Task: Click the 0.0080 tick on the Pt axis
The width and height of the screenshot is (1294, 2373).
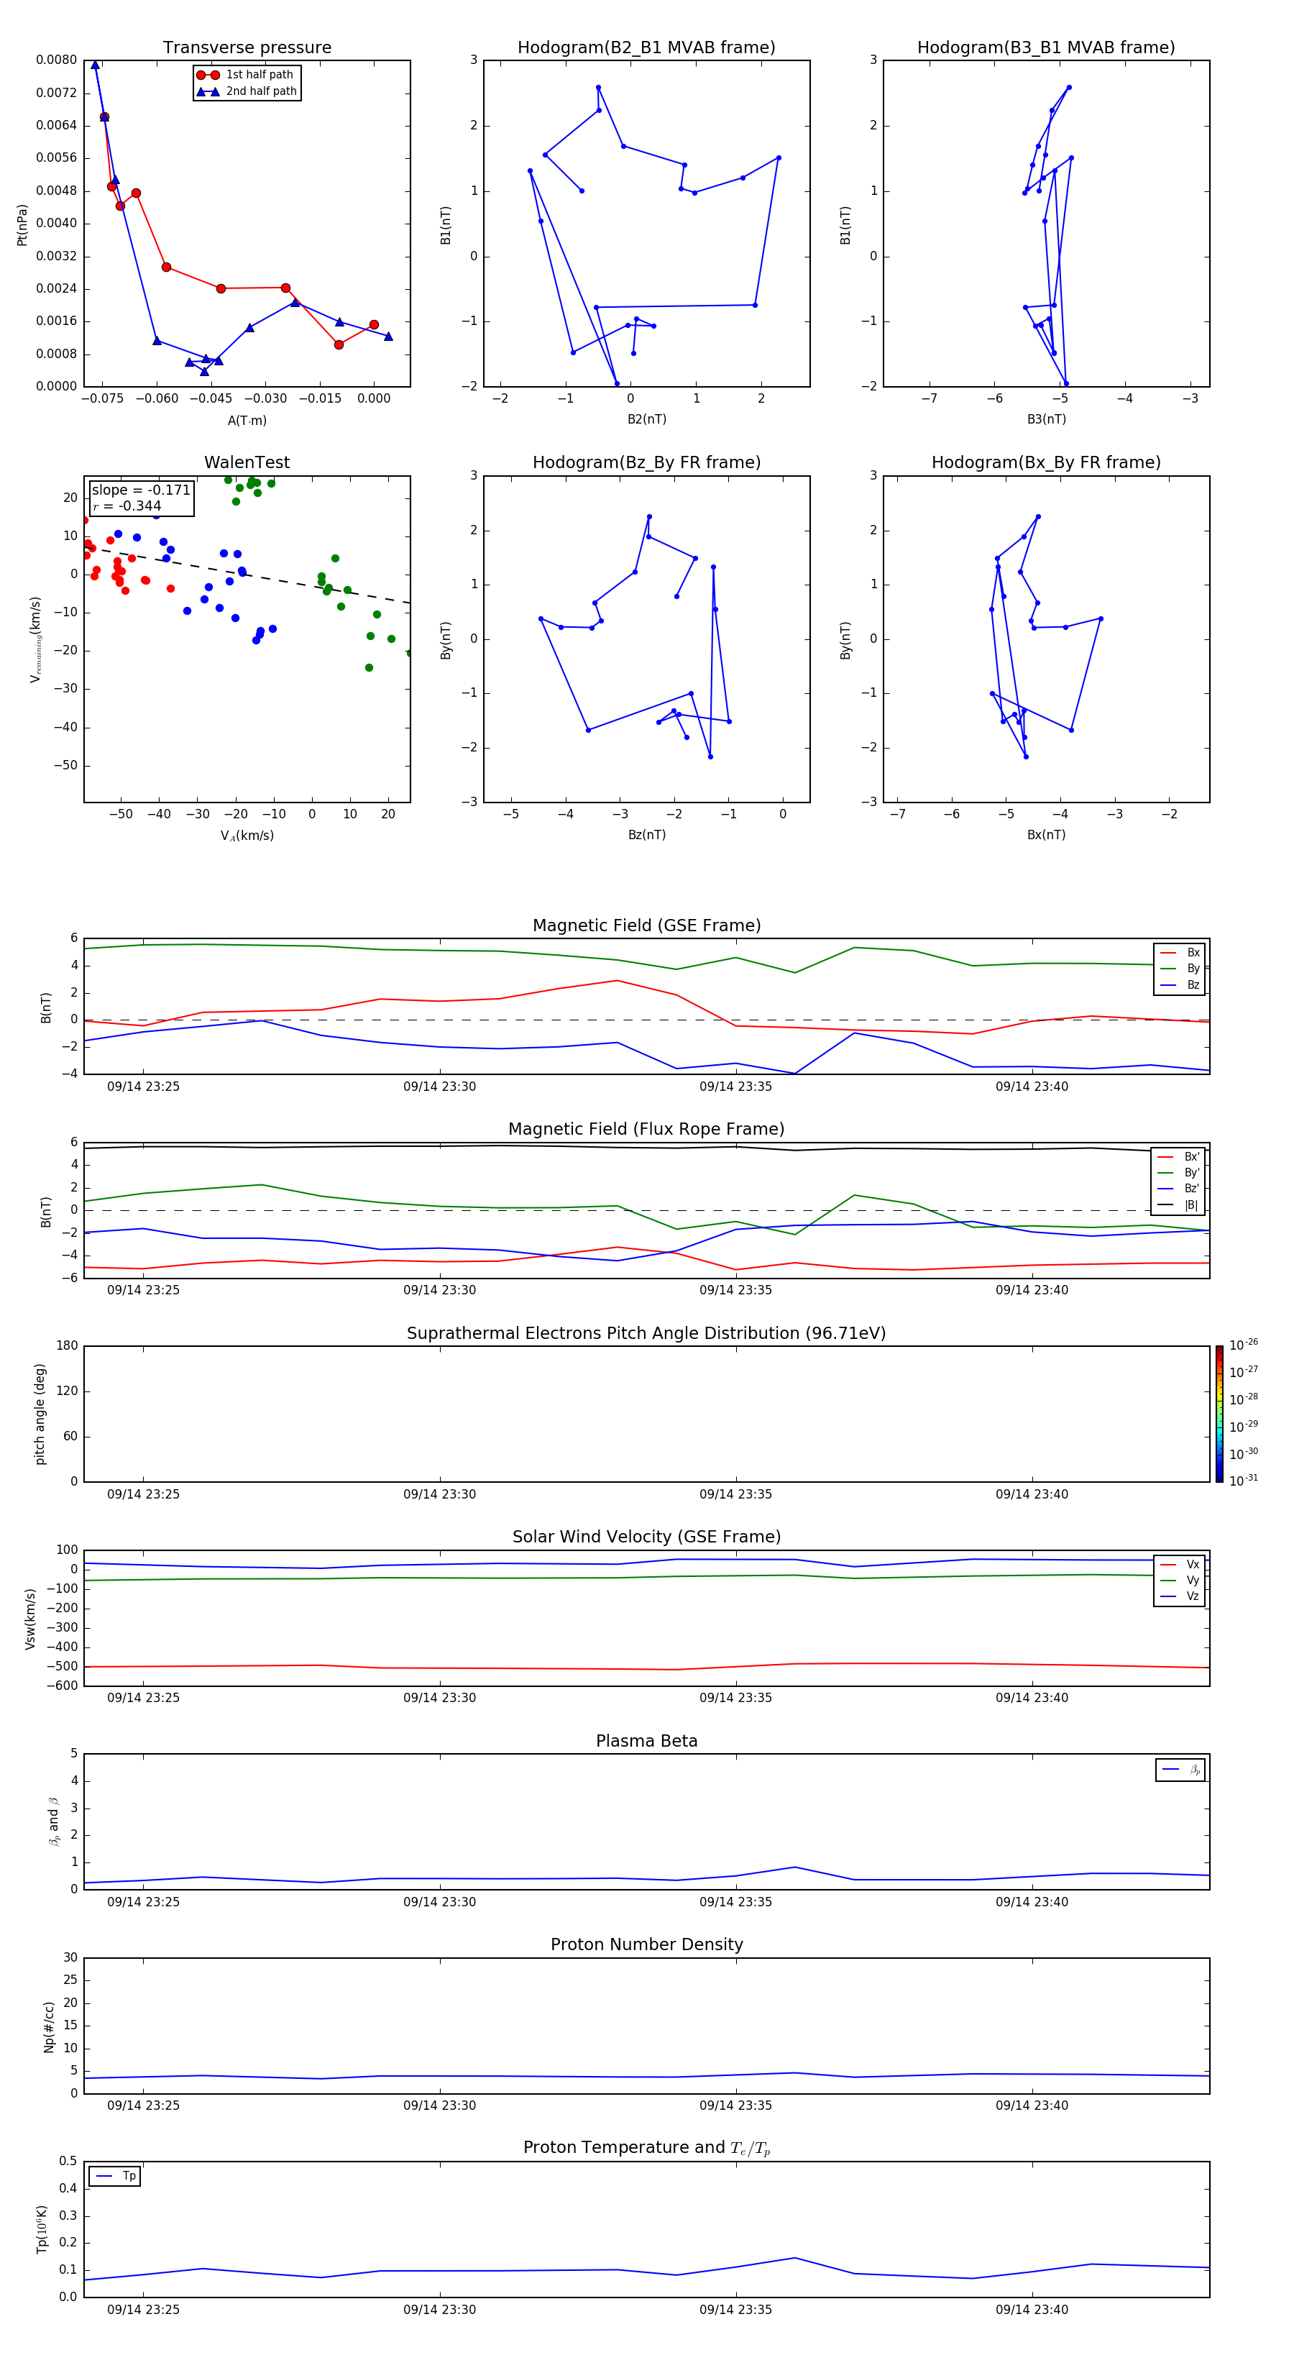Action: tap(56, 60)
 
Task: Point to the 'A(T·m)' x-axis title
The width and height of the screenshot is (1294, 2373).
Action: tap(247, 421)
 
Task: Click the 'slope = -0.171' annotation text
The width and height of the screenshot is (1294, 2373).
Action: tap(140, 490)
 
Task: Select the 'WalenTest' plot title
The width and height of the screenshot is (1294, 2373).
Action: tap(247, 462)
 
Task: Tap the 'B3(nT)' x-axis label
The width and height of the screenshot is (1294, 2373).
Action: tap(1046, 419)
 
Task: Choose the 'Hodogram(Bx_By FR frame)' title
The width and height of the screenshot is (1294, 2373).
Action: tap(1045, 462)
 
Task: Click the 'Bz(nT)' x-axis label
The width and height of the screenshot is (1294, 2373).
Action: tap(646, 835)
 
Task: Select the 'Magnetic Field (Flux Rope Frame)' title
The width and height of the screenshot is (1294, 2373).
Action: tap(646, 1130)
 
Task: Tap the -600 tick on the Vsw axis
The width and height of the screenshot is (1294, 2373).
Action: tap(62, 1686)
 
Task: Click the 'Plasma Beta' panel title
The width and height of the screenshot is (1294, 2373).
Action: tap(646, 1741)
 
